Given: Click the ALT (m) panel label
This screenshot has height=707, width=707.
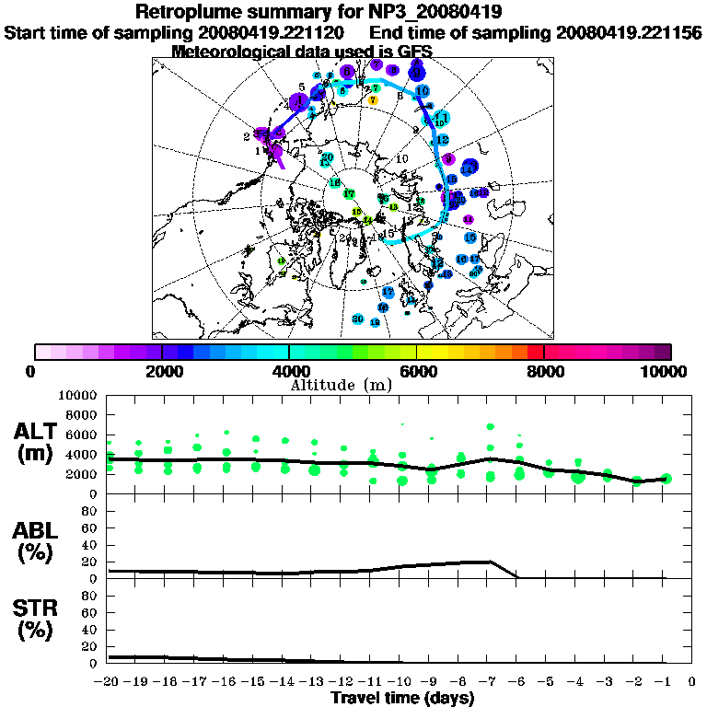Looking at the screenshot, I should pyautogui.click(x=37, y=442).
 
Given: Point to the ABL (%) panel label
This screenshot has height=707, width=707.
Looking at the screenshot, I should pyautogui.click(x=37, y=543).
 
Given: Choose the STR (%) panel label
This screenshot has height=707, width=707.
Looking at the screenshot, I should pyautogui.click(x=37, y=619).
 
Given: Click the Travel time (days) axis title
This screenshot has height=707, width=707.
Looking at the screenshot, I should pyautogui.click(x=402, y=698).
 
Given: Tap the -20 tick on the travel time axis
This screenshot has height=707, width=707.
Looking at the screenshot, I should pyautogui.click(x=109, y=681).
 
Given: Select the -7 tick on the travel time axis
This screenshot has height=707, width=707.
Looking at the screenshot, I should pyautogui.click(x=489, y=681).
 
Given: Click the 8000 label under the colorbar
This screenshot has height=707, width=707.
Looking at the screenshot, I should pyautogui.click(x=543, y=371).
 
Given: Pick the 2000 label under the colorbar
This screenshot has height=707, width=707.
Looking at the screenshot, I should pyautogui.click(x=162, y=371).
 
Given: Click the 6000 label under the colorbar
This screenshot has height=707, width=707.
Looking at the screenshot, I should pyautogui.click(x=416, y=371).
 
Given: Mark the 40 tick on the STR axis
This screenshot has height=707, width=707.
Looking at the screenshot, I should pyautogui.click(x=90, y=629).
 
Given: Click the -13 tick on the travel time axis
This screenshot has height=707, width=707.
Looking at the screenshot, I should pyautogui.click(x=314, y=681).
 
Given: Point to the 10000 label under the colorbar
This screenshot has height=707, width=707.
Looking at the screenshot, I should pyautogui.click(x=667, y=371).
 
